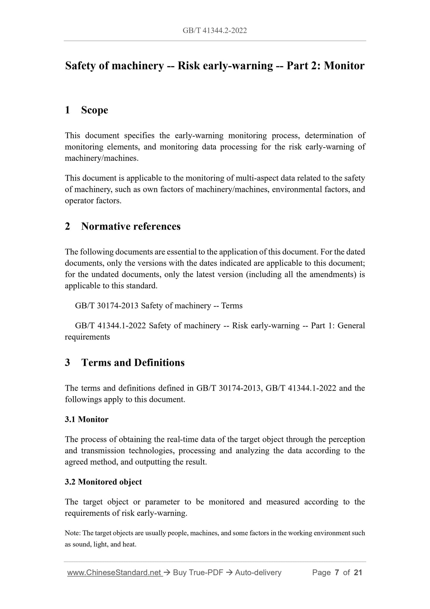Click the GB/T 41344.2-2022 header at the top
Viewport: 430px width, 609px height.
coord(215,30)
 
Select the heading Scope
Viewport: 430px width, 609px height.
coord(94,110)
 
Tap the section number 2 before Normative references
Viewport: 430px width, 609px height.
coord(68,226)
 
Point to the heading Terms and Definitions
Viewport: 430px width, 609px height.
coord(133,363)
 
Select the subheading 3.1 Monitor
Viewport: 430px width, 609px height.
coord(87,420)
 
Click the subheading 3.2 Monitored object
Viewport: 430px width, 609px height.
coord(103,482)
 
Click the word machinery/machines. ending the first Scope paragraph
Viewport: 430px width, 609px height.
coord(102,158)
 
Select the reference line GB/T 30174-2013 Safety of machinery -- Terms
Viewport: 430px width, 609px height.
coord(159,306)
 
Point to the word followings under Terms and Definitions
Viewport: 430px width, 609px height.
coord(83,400)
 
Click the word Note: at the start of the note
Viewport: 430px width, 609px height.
coord(72,533)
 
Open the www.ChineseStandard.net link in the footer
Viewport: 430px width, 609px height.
coord(115,573)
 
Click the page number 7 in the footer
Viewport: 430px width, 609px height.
coord(337,573)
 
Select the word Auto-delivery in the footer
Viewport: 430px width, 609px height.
coord(258,573)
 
